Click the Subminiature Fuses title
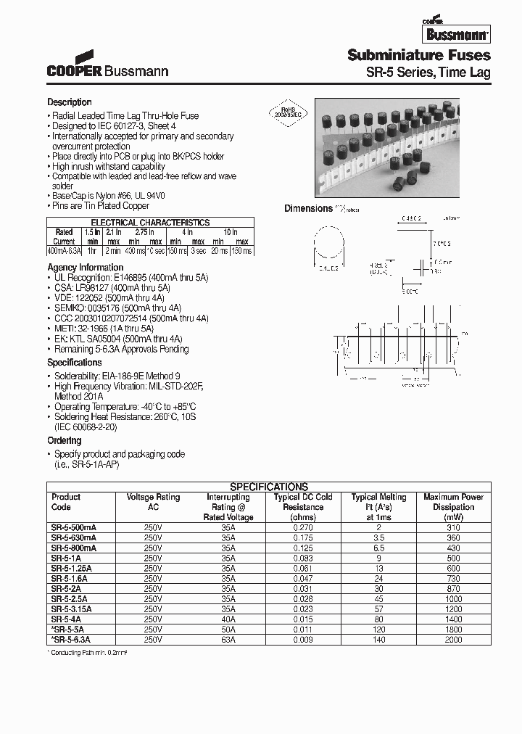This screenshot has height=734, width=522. tap(418, 55)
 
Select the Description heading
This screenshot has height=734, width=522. tap(70, 102)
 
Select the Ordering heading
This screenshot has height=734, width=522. tap(65, 441)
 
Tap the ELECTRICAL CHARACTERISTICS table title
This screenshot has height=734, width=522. tap(150, 223)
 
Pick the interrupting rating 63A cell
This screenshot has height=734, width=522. tap(228, 640)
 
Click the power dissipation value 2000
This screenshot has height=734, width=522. tap(453, 640)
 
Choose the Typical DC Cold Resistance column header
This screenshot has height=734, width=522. tap(303, 502)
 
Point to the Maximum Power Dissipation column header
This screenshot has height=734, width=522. tap(453, 502)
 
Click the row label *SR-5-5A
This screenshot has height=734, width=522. tap(70, 630)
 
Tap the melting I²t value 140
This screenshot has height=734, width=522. tap(378, 640)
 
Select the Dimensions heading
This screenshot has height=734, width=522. tap(308, 208)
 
